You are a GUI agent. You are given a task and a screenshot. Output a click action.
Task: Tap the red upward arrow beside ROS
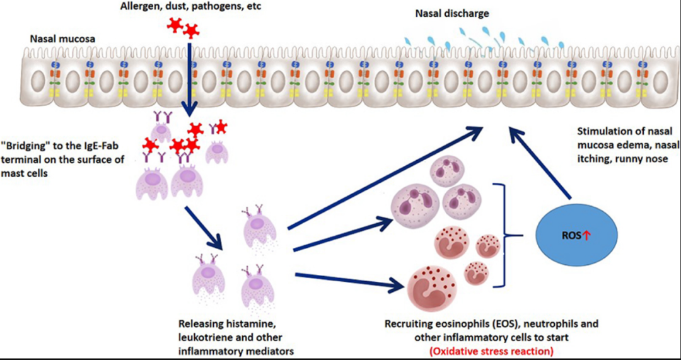pyautogui.click(x=586, y=236)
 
